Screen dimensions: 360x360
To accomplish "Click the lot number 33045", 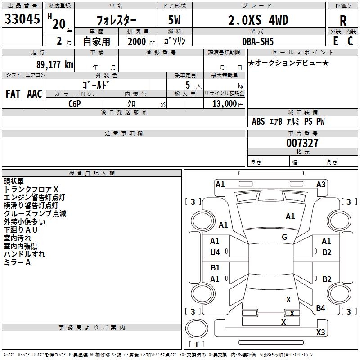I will click(x=22, y=19).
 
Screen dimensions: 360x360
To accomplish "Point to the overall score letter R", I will click(x=343, y=21).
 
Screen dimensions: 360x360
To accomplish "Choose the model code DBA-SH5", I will click(x=261, y=40).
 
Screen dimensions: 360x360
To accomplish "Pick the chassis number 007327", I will click(x=302, y=143).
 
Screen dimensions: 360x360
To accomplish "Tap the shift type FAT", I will click(x=13, y=94).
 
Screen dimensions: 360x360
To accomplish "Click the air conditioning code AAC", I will click(x=35, y=94).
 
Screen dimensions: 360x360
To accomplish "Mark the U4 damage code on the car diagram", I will click(x=215, y=252).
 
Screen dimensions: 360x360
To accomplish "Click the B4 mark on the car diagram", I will click(x=320, y=308).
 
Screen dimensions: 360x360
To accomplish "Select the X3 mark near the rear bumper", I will click(x=320, y=332).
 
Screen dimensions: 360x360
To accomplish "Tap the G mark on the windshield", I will click(x=284, y=237).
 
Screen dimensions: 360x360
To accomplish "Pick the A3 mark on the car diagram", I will click(x=321, y=184).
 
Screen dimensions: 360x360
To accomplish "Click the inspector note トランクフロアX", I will click(x=31, y=189).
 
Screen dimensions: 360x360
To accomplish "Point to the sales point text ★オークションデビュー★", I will click(x=288, y=63).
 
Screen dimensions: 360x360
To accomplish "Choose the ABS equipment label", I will click(x=258, y=121).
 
